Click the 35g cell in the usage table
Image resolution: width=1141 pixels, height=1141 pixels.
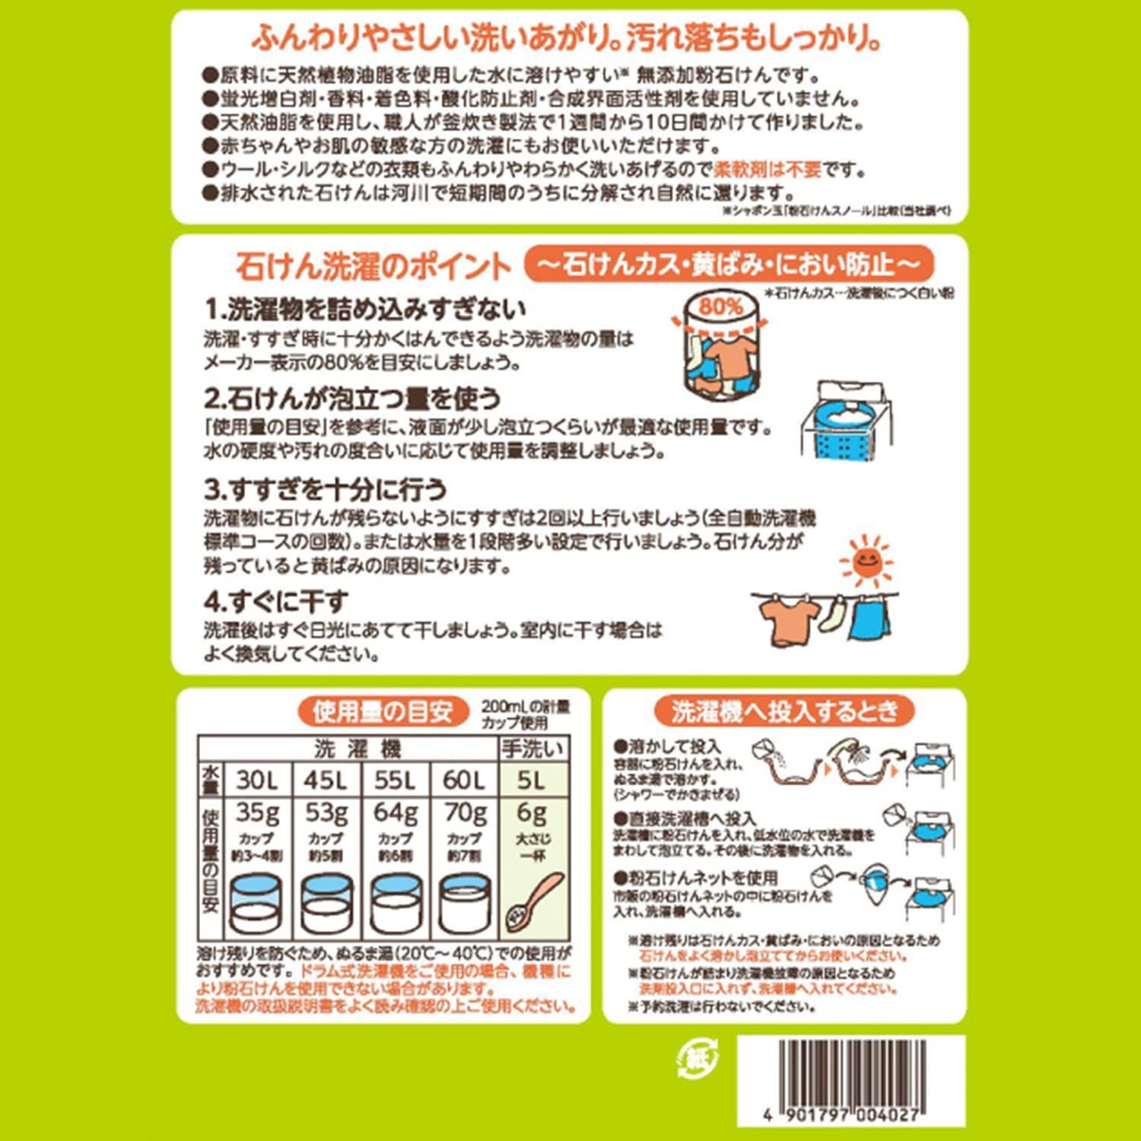[257, 813]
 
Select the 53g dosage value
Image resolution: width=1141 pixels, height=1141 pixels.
[326, 813]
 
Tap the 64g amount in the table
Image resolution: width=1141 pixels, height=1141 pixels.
[396, 813]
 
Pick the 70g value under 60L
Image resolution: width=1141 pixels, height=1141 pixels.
[465, 813]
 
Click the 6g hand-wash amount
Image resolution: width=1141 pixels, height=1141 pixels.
[532, 813]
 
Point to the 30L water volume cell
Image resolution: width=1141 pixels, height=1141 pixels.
[257, 780]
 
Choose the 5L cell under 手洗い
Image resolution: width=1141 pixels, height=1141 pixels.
[532, 780]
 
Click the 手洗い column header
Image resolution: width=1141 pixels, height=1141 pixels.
[532, 748]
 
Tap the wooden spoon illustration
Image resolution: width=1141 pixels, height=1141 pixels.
[536, 898]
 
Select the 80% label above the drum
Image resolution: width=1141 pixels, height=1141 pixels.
[720, 307]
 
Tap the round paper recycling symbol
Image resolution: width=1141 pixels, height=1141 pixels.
[697, 1058]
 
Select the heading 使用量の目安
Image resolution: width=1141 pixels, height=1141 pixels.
[382, 712]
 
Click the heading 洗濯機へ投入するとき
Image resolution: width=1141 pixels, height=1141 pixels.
[784, 712]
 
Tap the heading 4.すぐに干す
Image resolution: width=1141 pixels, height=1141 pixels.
[275, 602]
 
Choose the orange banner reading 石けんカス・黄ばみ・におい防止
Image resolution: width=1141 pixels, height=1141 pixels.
[729, 264]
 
